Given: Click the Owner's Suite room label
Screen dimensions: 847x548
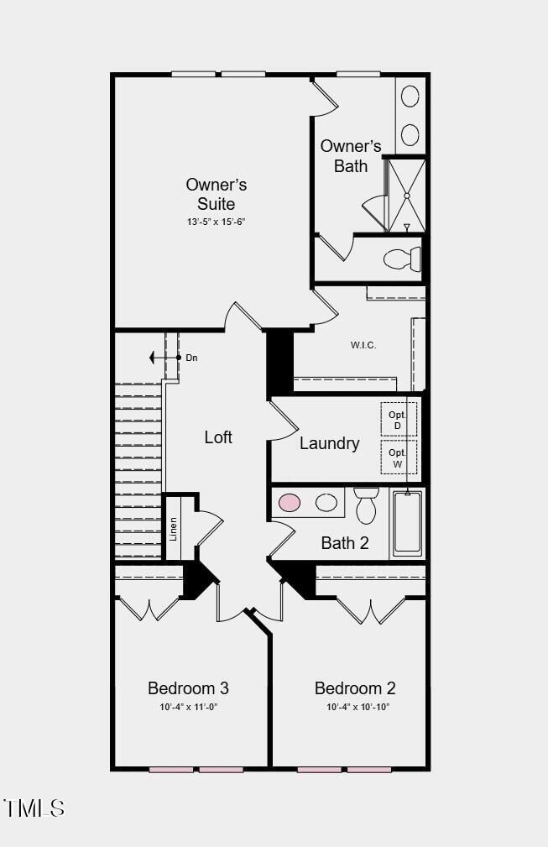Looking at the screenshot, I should coord(216,194).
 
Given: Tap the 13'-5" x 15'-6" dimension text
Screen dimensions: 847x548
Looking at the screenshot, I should coord(216,222).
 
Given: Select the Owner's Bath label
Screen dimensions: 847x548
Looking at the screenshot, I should coord(350,156).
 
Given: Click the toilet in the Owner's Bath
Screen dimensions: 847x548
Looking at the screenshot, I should coord(403,259).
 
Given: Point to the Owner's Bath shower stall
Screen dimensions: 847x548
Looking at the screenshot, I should coord(406,195).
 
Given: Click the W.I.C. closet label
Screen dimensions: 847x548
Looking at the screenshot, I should coord(363,345).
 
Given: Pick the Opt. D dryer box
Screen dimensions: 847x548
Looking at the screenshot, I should coord(398,420).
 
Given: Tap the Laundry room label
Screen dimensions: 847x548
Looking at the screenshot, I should coord(329,443).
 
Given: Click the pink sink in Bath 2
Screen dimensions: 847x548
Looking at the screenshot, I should coord(290,503).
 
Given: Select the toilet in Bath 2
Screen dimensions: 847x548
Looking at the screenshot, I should coord(367,505).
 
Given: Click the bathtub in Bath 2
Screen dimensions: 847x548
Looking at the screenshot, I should coord(408,522).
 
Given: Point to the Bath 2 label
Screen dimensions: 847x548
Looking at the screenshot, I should coord(344,543).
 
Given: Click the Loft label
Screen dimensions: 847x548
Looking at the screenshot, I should coord(218,437).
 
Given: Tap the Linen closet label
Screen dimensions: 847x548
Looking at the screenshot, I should coord(174,528).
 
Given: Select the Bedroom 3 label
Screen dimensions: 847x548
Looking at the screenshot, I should coord(188,688).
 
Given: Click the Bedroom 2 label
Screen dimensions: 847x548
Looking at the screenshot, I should coord(355,688).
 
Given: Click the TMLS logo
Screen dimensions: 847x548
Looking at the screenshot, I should coord(34,808).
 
